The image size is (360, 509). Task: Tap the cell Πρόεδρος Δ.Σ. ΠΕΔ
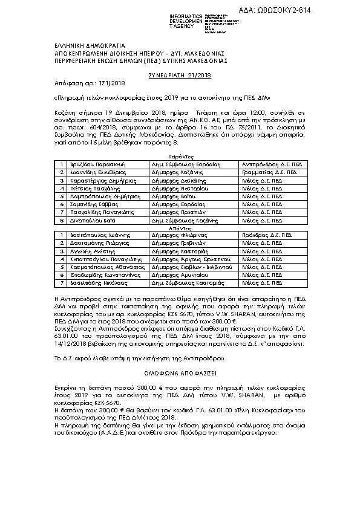(261, 234)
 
